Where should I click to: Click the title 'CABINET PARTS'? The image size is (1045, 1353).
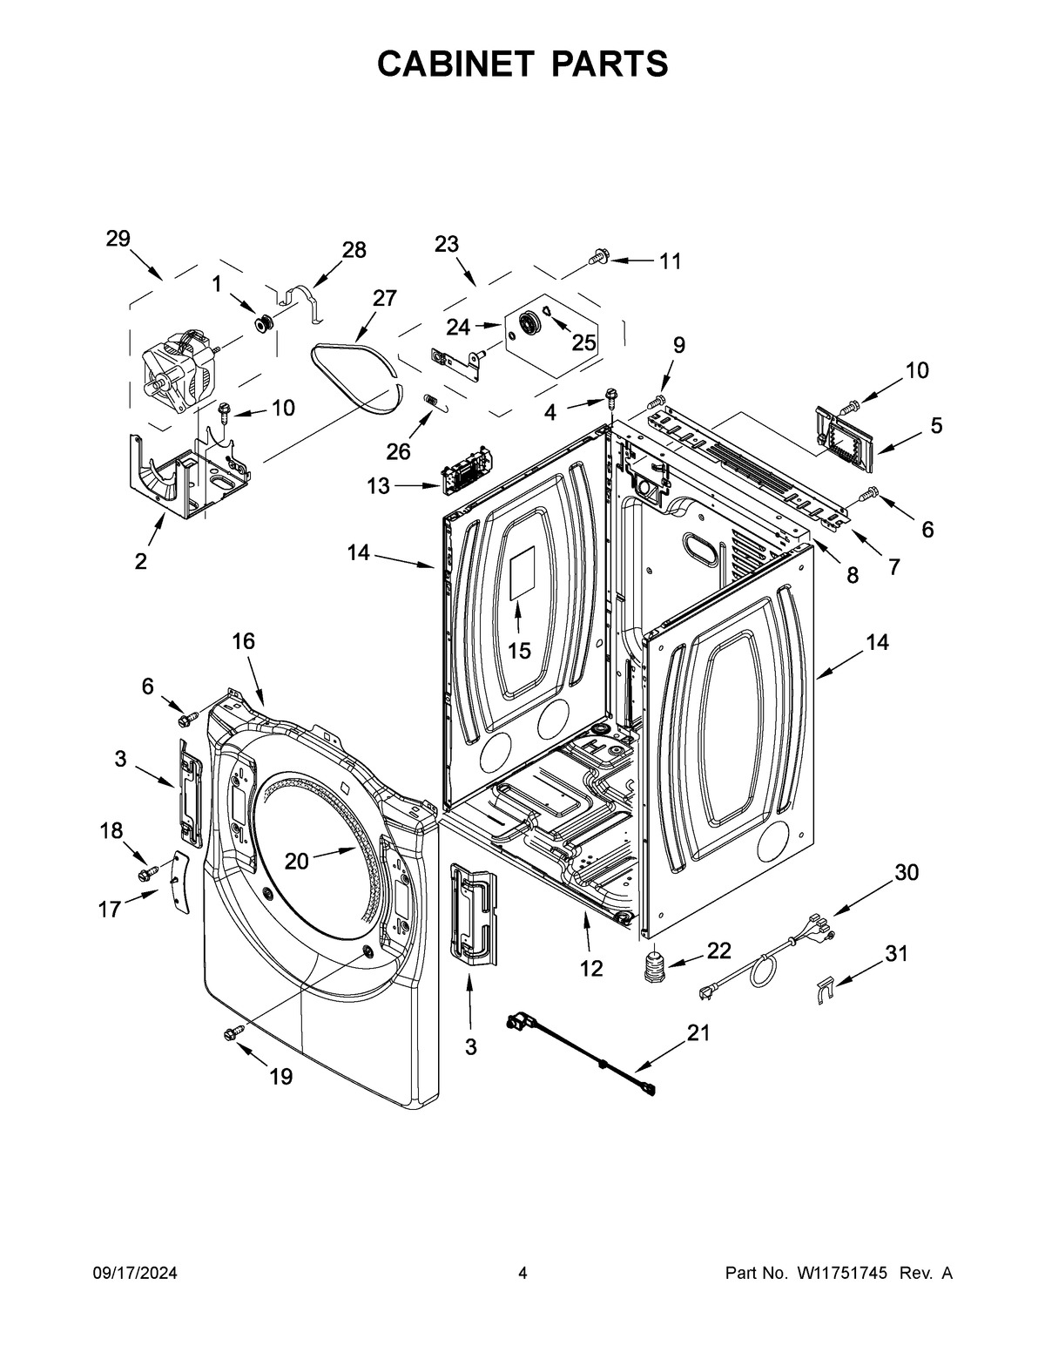pos(522,64)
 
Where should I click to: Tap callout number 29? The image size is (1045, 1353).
pos(118,239)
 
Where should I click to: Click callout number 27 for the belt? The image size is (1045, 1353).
pos(384,298)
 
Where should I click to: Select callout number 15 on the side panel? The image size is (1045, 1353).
pos(519,650)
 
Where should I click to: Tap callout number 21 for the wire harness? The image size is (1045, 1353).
pos(698,1033)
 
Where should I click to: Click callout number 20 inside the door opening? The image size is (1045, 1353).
pos(297,860)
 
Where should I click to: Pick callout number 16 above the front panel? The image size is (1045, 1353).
pos(243,641)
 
